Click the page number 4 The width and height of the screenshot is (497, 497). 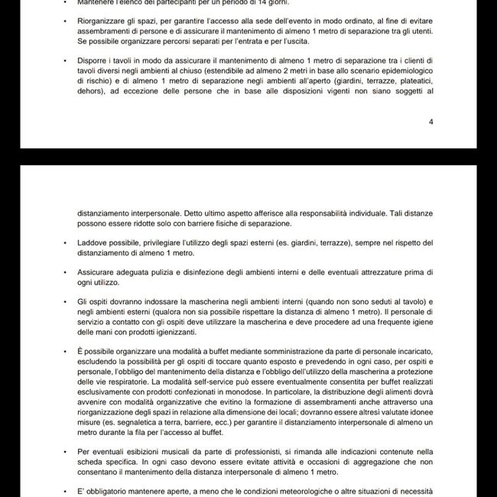[431, 122]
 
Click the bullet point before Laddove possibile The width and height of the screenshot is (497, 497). [66, 243]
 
